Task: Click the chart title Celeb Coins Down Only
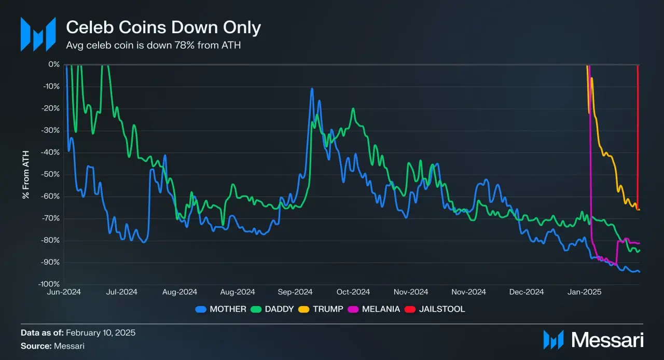click(x=163, y=27)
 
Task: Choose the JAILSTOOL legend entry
click(x=437, y=309)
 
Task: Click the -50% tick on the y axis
click(x=51, y=174)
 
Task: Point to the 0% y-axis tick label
click(x=54, y=64)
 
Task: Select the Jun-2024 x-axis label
click(x=64, y=292)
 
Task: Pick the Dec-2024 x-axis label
click(x=528, y=292)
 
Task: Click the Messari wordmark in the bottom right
click(x=607, y=340)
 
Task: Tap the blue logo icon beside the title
click(x=38, y=34)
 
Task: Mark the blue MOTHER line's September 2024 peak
click(x=312, y=89)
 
